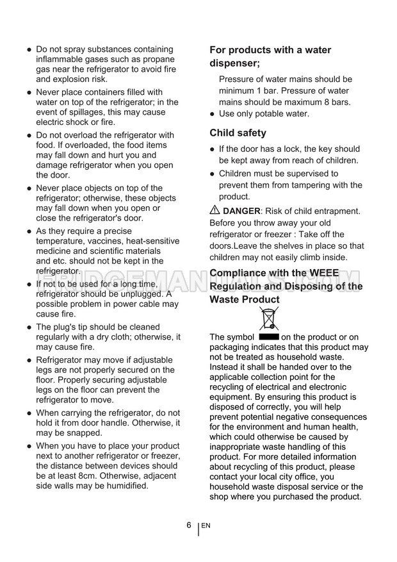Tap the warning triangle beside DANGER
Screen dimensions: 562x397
215,210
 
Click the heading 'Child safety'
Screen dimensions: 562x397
238,133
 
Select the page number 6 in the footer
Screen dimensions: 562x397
189,525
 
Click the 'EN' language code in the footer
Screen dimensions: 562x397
206,526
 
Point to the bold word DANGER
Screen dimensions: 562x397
241,211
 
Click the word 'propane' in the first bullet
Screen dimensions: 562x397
159,59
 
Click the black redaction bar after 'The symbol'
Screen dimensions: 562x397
269,336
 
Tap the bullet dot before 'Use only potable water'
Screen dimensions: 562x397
213,114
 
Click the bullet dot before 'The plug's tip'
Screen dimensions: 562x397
29,327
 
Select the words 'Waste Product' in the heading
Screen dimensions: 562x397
245,299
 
